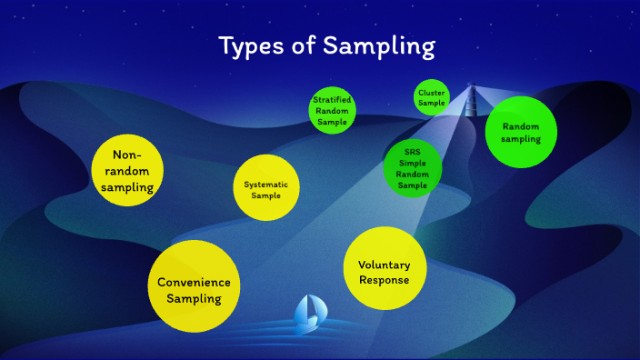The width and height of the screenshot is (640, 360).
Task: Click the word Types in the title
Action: point(252,46)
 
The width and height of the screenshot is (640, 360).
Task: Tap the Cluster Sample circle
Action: point(432,98)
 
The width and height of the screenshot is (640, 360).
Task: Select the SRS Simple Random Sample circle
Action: point(412,167)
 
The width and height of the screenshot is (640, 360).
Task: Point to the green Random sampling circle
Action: point(521,132)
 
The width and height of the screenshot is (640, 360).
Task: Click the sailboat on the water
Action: point(308,313)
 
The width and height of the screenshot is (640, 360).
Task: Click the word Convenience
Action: point(194,282)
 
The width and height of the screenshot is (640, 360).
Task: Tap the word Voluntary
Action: point(385,265)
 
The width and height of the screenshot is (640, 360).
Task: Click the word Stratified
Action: point(332,99)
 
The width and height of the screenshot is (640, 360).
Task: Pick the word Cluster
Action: point(432,93)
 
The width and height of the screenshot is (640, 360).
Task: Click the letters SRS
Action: point(412,150)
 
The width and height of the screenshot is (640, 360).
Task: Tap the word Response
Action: point(385,279)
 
